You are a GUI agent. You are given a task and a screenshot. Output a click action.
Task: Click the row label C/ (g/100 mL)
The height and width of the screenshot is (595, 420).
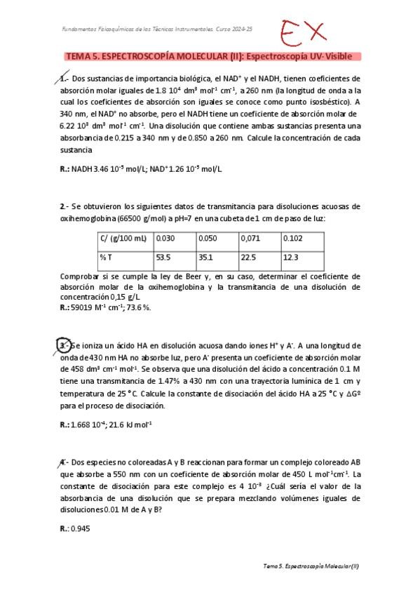pos(123,239)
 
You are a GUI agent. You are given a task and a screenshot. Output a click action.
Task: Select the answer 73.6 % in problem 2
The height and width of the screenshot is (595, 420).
pos(137,307)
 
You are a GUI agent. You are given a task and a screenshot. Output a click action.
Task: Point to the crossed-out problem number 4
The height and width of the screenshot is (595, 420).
pos(63,462)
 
